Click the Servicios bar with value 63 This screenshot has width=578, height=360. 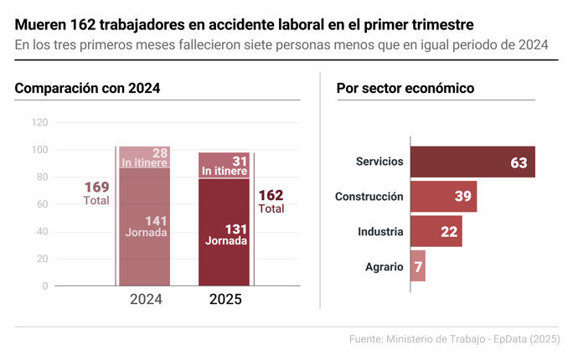(472, 162)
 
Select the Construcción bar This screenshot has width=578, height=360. (443, 197)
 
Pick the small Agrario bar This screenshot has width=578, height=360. (417, 266)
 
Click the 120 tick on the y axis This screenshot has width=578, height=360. (39, 122)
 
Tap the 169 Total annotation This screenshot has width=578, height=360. (96, 193)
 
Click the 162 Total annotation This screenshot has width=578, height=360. (271, 201)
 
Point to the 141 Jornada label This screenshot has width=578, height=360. (146, 227)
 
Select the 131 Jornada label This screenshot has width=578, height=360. (225, 234)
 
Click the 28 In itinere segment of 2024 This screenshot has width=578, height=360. (145, 157)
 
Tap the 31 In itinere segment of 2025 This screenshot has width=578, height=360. (224, 166)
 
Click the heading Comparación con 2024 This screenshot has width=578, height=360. (87, 88)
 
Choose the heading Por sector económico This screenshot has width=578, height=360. (405, 88)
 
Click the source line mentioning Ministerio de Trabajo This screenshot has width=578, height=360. (454, 339)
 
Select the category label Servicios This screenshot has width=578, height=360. (379, 162)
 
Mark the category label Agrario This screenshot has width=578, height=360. (384, 267)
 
